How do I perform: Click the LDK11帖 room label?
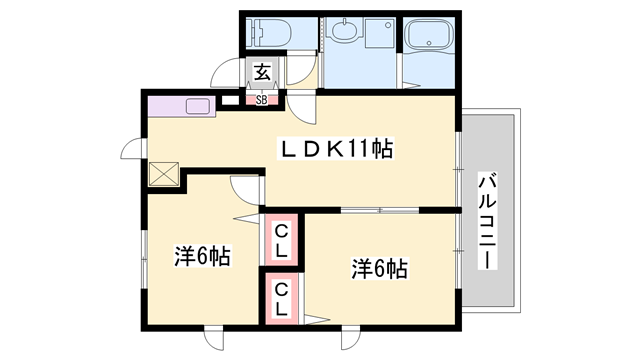click(x=336, y=148)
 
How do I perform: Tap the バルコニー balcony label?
click(x=487, y=221)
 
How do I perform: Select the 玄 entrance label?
click(x=263, y=72)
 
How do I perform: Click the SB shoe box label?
click(x=262, y=100)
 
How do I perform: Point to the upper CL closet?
click(x=281, y=241)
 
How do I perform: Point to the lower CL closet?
click(x=281, y=299)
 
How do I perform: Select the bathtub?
click(x=429, y=34)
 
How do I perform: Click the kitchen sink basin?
click(x=198, y=106)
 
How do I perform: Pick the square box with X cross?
click(x=164, y=174)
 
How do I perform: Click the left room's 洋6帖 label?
click(x=202, y=256)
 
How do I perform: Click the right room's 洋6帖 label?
click(x=380, y=269)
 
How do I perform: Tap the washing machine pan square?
click(x=380, y=32)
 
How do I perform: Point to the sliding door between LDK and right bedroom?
click(x=380, y=210)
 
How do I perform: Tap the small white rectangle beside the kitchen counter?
click(x=230, y=100)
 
